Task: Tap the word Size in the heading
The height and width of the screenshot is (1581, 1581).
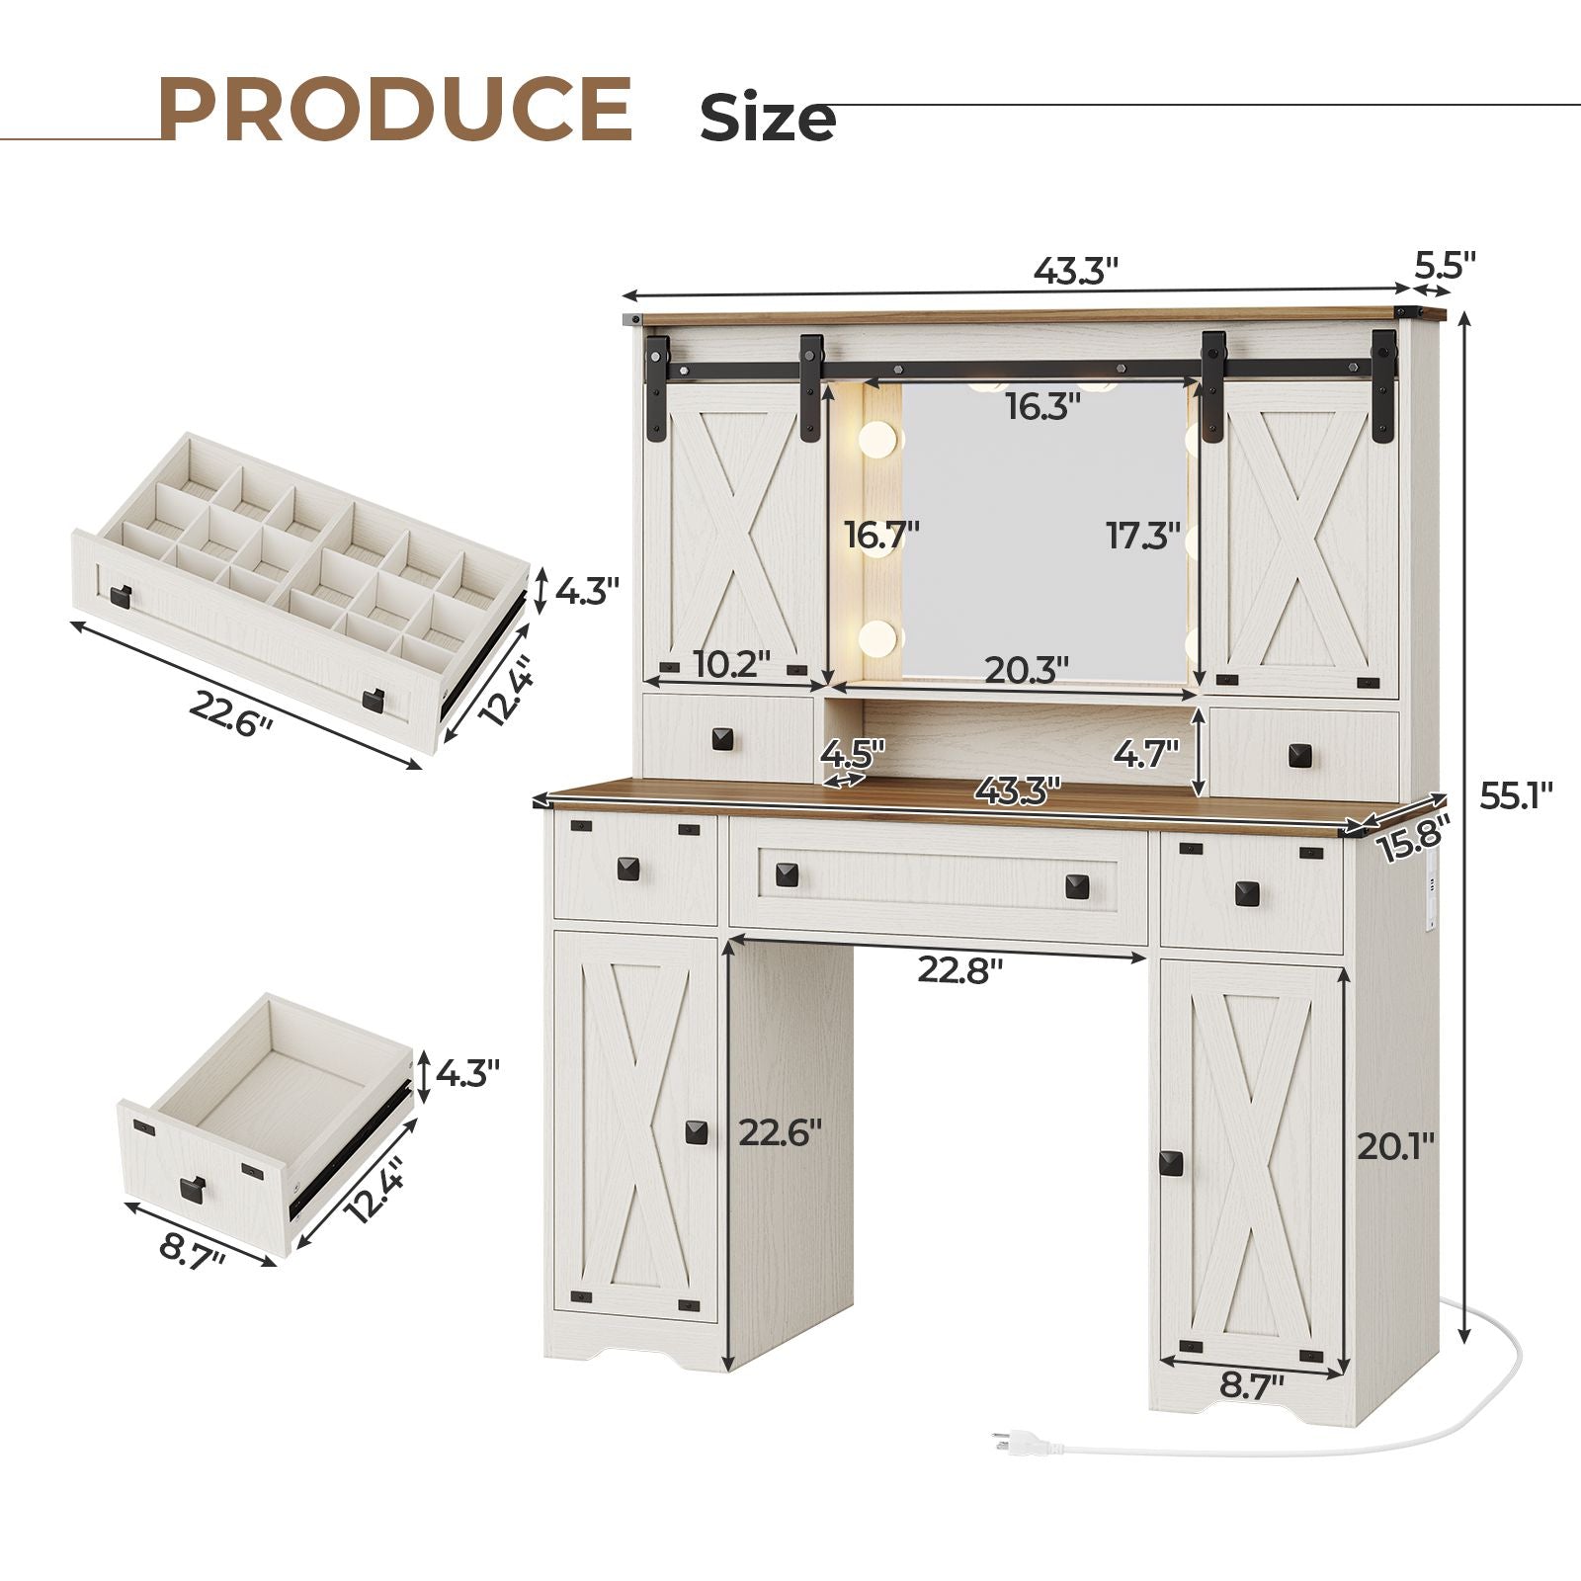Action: [x=768, y=119]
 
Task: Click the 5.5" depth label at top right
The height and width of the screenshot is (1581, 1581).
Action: [x=1445, y=266]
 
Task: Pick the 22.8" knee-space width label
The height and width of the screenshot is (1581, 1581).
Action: [x=959, y=970]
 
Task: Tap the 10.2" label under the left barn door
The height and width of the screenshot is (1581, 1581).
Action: [x=731, y=664]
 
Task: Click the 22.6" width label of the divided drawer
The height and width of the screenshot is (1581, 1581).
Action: [x=231, y=713]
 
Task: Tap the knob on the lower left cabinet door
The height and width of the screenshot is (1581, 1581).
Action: [x=697, y=1132]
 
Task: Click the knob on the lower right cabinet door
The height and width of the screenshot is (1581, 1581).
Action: [x=1172, y=1163]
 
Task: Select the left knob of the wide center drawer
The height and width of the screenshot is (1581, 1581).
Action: [x=787, y=874]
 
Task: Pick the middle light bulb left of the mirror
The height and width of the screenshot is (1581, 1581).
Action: [x=875, y=539]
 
